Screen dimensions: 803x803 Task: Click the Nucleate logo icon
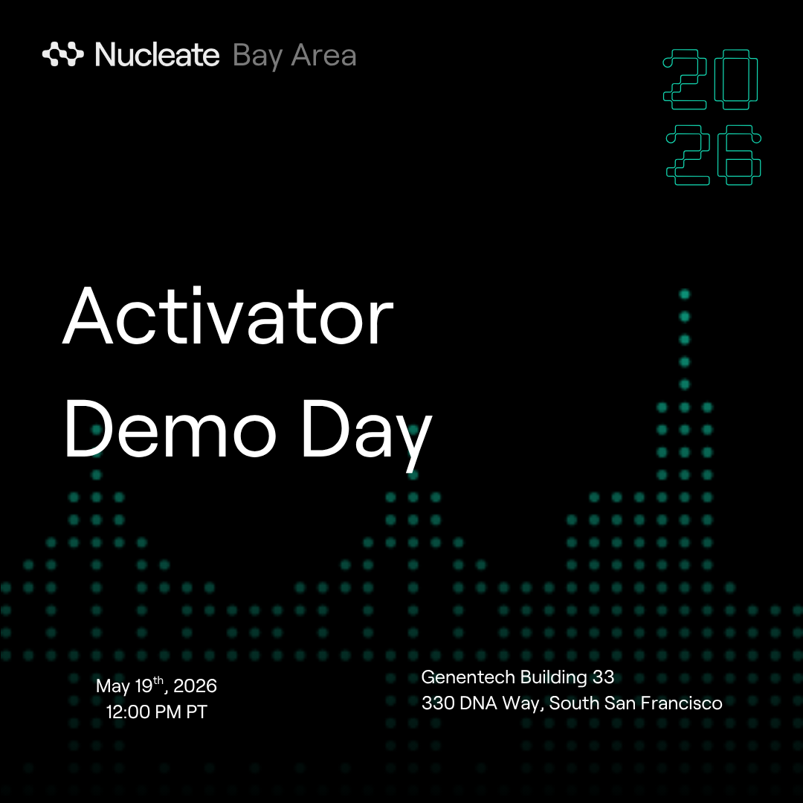(63, 54)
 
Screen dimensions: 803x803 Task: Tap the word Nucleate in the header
(157, 55)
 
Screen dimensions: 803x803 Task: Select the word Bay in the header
(257, 57)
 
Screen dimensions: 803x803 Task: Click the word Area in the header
(323, 55)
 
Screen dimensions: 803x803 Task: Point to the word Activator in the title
(228, 316)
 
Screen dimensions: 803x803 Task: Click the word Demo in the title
(170, 428)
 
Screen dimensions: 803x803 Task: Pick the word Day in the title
(367, 435)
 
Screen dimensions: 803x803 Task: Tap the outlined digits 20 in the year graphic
(710, 80)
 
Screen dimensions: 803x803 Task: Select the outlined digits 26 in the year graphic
(713, 155)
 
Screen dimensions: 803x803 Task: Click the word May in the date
(113, 687)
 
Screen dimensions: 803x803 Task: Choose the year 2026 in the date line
(195, 686)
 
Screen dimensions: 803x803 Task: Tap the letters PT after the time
(196, 712)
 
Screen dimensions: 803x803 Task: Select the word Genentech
(468, 677)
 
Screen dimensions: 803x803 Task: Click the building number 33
(603, 677)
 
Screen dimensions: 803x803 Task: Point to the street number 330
(439, 703)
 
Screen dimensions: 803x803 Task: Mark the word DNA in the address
(478, 703)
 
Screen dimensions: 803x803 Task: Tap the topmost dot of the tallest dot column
(685, 294)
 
